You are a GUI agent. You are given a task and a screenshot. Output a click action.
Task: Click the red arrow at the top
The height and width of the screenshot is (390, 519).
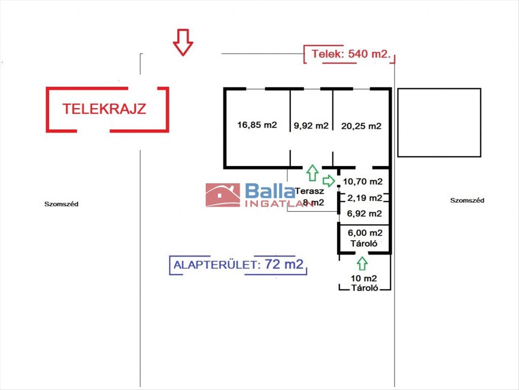click(x=183, y=42)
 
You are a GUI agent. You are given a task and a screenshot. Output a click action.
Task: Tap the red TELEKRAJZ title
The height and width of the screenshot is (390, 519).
click(x=104, y=108)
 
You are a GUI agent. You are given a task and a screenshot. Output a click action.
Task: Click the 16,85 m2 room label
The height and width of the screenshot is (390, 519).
click(x=257, y=126)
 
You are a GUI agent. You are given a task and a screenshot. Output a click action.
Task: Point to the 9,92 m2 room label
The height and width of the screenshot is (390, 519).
click(x=311, y=126)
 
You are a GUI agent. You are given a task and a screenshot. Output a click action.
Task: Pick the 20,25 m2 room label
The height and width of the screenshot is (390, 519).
click(x=362, y=126)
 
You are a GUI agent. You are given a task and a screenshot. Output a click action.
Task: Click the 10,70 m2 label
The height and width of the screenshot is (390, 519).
click(x=362, y=181)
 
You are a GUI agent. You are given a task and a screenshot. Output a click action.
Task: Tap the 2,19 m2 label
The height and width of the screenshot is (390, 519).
click(x=365, y=198)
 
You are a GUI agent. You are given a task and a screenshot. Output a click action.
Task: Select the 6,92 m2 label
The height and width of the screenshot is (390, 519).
click(x=365, y=213)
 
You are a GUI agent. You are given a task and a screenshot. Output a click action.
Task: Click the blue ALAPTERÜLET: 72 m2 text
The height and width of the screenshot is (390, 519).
click(x=238, y=264)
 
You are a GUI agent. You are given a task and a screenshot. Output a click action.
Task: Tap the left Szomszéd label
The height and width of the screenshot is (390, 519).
click(x=61, y=204)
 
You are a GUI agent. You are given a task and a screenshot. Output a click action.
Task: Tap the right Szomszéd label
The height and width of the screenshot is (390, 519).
click(x=467, y=200)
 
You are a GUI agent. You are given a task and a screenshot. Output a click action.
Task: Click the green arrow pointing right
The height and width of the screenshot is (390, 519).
click(x=329, y=180)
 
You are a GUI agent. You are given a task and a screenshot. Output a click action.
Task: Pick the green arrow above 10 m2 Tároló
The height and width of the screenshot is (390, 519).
click(x=362, y=262)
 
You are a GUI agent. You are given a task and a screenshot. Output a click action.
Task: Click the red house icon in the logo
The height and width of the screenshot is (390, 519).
click(x=223, y=195)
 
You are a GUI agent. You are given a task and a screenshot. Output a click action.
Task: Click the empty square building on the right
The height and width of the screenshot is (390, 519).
click(x=439, y=122)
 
